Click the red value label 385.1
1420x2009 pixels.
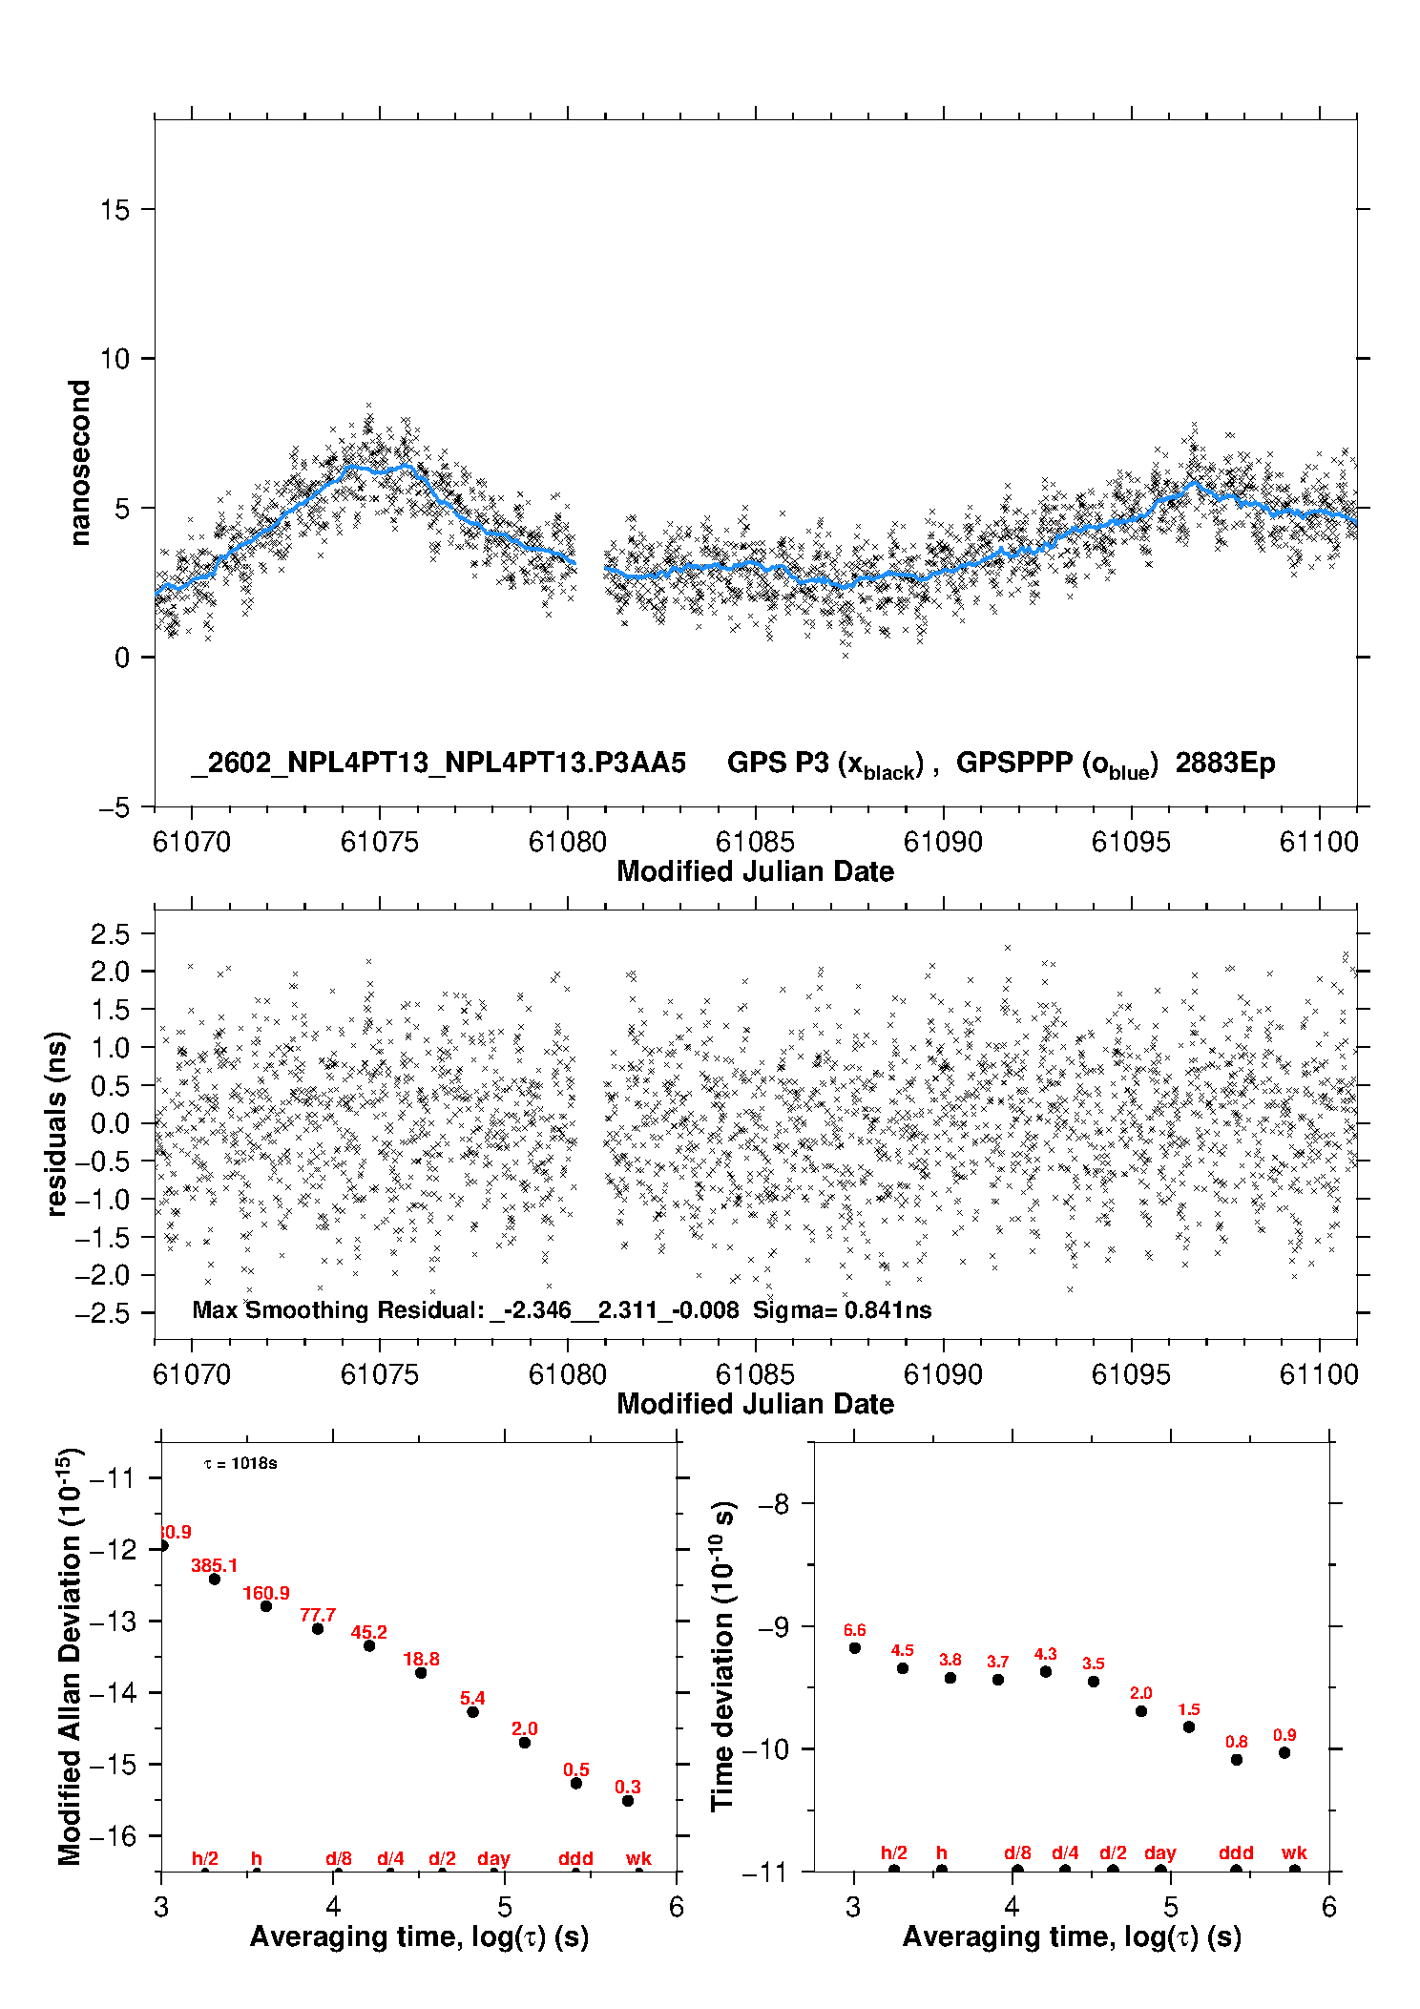pos(214,1565)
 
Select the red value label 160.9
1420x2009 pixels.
pos(265,1593)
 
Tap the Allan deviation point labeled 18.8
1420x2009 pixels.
pos(421,1672)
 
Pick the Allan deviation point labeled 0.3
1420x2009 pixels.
pos(628,1801)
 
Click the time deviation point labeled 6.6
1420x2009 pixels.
pos(855,1647)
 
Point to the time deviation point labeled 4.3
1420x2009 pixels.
pos(1046,1671)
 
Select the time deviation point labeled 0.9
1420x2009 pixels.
pos(1284,1752)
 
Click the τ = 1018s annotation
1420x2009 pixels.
pos(240,1463)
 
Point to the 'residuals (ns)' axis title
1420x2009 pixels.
pos(56,1123)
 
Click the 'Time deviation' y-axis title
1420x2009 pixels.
pos(722,1656)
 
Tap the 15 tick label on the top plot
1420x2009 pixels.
pos(115,210)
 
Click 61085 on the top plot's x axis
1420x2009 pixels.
pos(755,842)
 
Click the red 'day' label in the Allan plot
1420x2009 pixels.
pos(493,1858)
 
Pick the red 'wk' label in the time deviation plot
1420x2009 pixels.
pos(1294,1852)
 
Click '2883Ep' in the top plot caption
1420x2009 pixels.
pos(1225,764)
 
